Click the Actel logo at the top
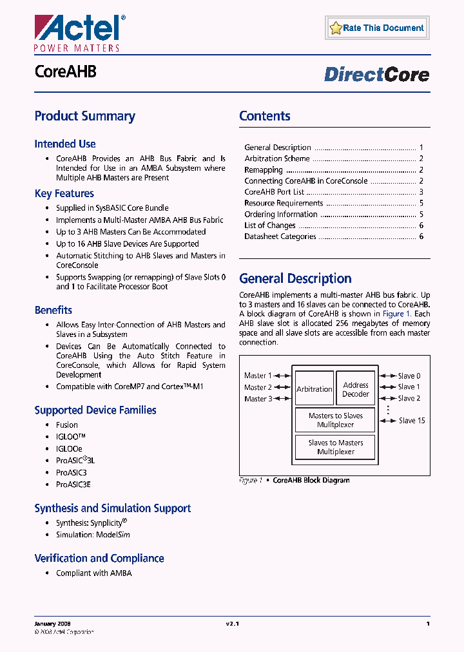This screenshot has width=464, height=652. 77,32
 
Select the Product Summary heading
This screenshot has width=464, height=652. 84,117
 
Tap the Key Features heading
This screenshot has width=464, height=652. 64,193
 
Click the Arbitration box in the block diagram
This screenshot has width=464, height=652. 314,389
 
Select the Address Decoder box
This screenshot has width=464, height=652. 356,389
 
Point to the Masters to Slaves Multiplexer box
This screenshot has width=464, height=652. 335,420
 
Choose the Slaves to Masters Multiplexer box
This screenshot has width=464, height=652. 335,447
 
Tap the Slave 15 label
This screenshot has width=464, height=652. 411,421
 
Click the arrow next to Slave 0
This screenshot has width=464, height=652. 387,376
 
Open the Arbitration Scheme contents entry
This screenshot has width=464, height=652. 277,158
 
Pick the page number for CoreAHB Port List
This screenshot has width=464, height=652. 421,192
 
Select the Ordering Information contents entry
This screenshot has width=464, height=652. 281,215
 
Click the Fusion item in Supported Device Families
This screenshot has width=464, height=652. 67,425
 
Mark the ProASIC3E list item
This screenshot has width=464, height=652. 73,484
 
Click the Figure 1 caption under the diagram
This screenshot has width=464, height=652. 295,480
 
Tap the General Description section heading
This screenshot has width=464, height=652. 295,279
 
